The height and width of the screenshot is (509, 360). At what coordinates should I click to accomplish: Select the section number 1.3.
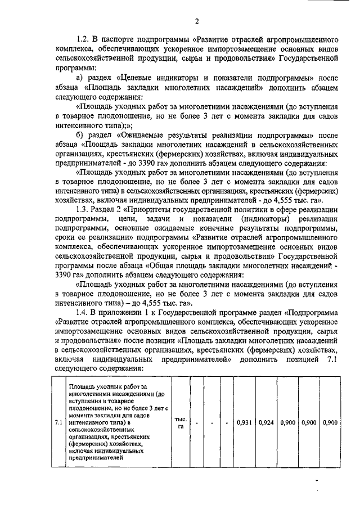point(83,209)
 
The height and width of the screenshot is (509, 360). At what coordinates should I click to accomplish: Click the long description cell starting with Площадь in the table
point(117,422)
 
